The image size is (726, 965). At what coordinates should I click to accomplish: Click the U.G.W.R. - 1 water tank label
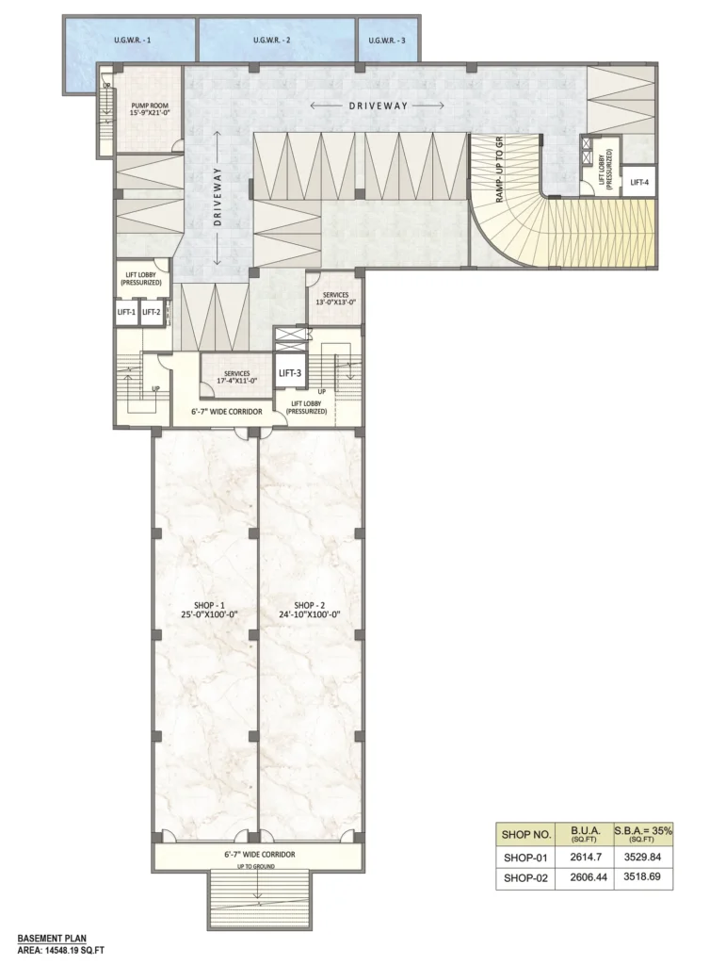(132, 41)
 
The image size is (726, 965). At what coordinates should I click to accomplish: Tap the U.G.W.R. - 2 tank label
(272, 41)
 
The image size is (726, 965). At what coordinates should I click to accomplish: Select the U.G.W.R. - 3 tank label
(387, 41)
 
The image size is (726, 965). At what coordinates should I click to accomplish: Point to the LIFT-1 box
(126, 312)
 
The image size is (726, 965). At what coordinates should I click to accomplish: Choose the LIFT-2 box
(152, 312)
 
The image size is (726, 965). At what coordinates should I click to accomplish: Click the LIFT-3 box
(289, 372)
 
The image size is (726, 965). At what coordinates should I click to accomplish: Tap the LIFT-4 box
(639, 182)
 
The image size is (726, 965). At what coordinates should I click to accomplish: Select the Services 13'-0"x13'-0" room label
(335, 299)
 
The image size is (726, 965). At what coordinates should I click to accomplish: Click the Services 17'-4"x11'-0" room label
(236, 377)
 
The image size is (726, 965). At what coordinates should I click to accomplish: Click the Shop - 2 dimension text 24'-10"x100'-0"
(309, 614)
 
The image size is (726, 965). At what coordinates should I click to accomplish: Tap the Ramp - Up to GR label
(499, 170)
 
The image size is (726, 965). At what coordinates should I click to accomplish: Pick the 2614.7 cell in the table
(584, 856)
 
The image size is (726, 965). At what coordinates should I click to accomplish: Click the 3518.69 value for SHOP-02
(642, 876)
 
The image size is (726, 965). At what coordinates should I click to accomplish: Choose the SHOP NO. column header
(525, 835)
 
